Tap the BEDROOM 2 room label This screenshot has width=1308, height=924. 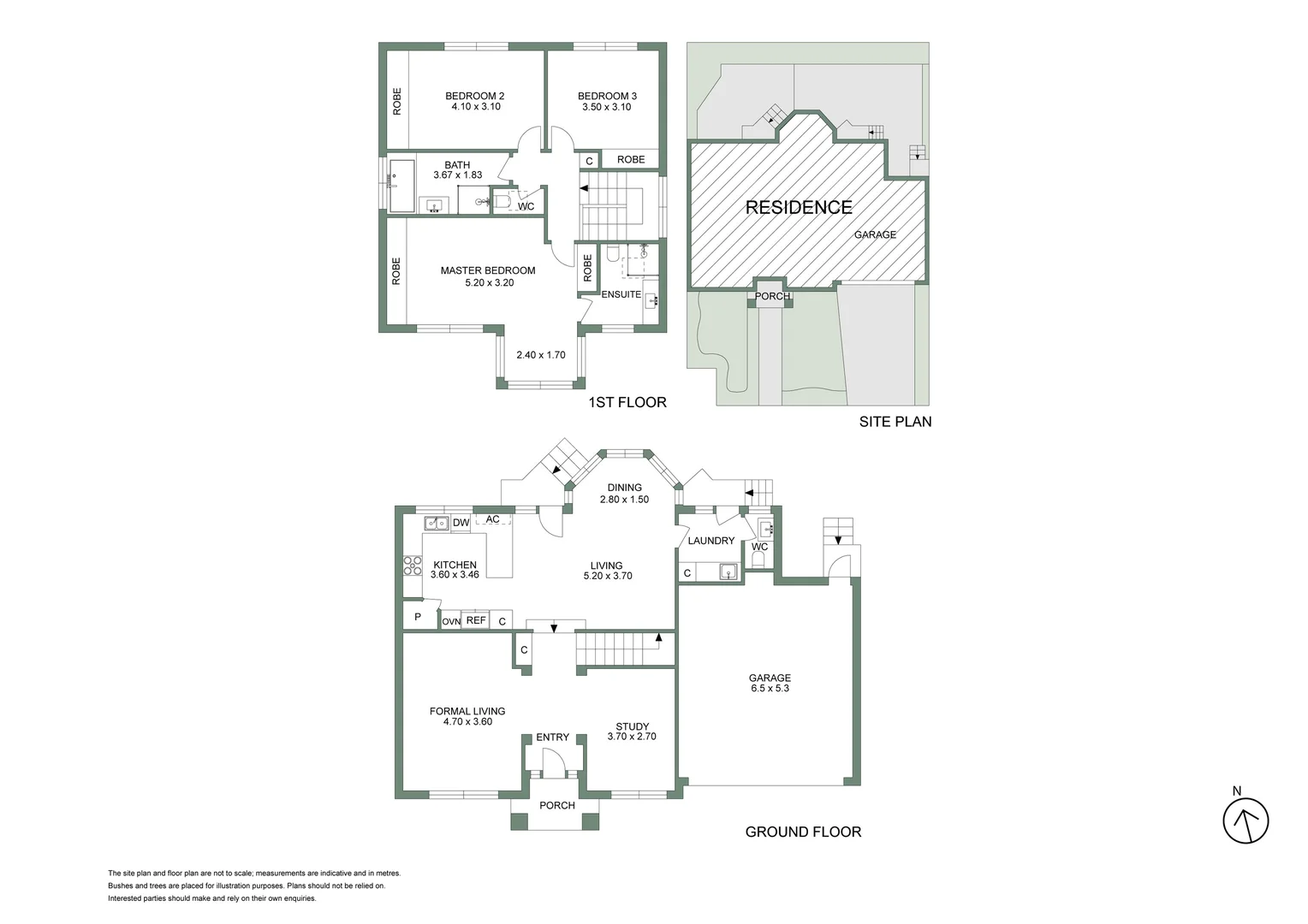point(474,96)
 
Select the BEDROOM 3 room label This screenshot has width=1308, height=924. point(607,96)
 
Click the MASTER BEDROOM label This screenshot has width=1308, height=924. point(488,270)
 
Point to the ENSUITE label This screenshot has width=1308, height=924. point(621,294)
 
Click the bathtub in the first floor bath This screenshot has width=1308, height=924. point(401,186)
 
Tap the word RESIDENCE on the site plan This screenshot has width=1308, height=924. point(798,207)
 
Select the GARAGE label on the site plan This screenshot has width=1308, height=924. point(875,234)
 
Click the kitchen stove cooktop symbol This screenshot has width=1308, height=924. point(413,565)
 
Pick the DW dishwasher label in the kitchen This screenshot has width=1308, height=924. point(461,523)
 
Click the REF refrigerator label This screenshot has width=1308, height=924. point(476,620)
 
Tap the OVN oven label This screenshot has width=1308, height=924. point(451,621)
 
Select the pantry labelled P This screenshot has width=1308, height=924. point(418,616)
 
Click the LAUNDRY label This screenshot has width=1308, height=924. point(710,541)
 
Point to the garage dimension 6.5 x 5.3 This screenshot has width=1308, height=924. point(770,689)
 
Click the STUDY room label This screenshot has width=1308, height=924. point(632,726)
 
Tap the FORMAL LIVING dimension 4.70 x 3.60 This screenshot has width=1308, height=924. point(467,722)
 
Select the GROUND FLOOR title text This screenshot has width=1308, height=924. point(803,832)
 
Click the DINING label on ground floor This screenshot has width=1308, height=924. point(624,488)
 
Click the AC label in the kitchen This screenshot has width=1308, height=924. point(492,519)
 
